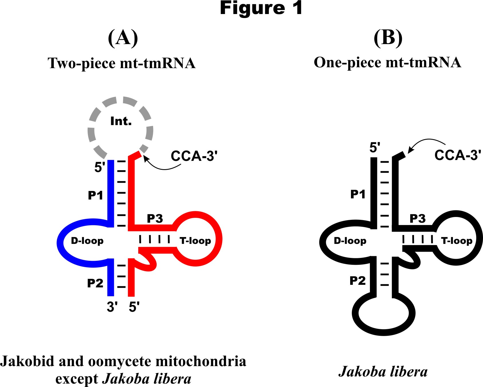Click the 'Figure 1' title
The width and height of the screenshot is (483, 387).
click(x=261, y=8)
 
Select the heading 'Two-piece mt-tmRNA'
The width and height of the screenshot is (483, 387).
click(x=122, y=63)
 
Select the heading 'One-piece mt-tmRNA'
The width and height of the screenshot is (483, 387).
click(x=387, y=62)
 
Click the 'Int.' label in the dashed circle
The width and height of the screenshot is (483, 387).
click(x=121, y=121)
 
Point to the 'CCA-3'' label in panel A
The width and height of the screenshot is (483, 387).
click(x=194, y=156)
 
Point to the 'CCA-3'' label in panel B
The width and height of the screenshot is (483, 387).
click(x=458, y=155)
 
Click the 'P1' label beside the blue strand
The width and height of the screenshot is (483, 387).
click(x=95, y=196)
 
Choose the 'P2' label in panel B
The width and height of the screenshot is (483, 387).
click(x=358, y=281)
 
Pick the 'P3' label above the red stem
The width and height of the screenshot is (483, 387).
click(x=155, y=219)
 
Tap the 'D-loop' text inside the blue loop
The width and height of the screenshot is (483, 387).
click(x=87, y=241)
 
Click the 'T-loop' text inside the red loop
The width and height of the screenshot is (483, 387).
click(x=195, y=241)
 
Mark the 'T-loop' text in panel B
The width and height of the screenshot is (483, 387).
click(x=457, y=241)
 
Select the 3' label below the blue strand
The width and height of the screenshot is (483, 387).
click(x=112, y=307)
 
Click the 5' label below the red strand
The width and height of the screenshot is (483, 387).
click(x=134, y=307)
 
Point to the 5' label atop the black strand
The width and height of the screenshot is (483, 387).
click(x=375, y=147)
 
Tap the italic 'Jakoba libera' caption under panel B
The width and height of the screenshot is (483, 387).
click(x=383, y=372)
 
